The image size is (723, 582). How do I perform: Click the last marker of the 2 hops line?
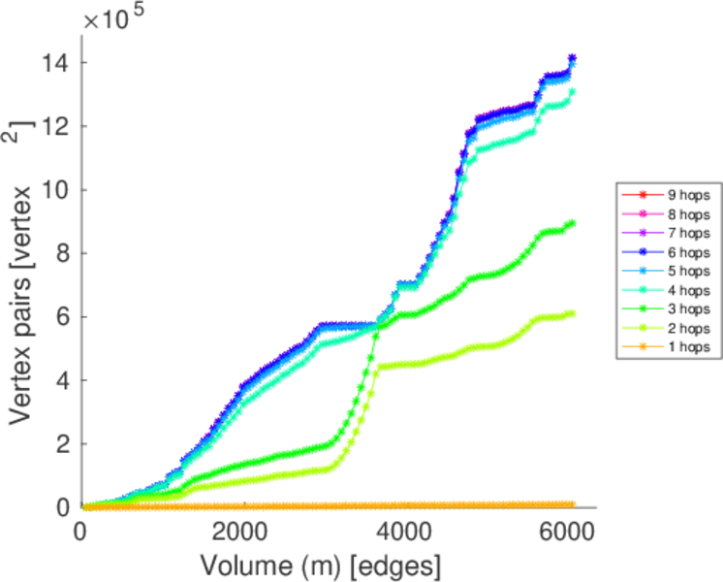572,313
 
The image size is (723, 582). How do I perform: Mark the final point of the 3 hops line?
572,223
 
